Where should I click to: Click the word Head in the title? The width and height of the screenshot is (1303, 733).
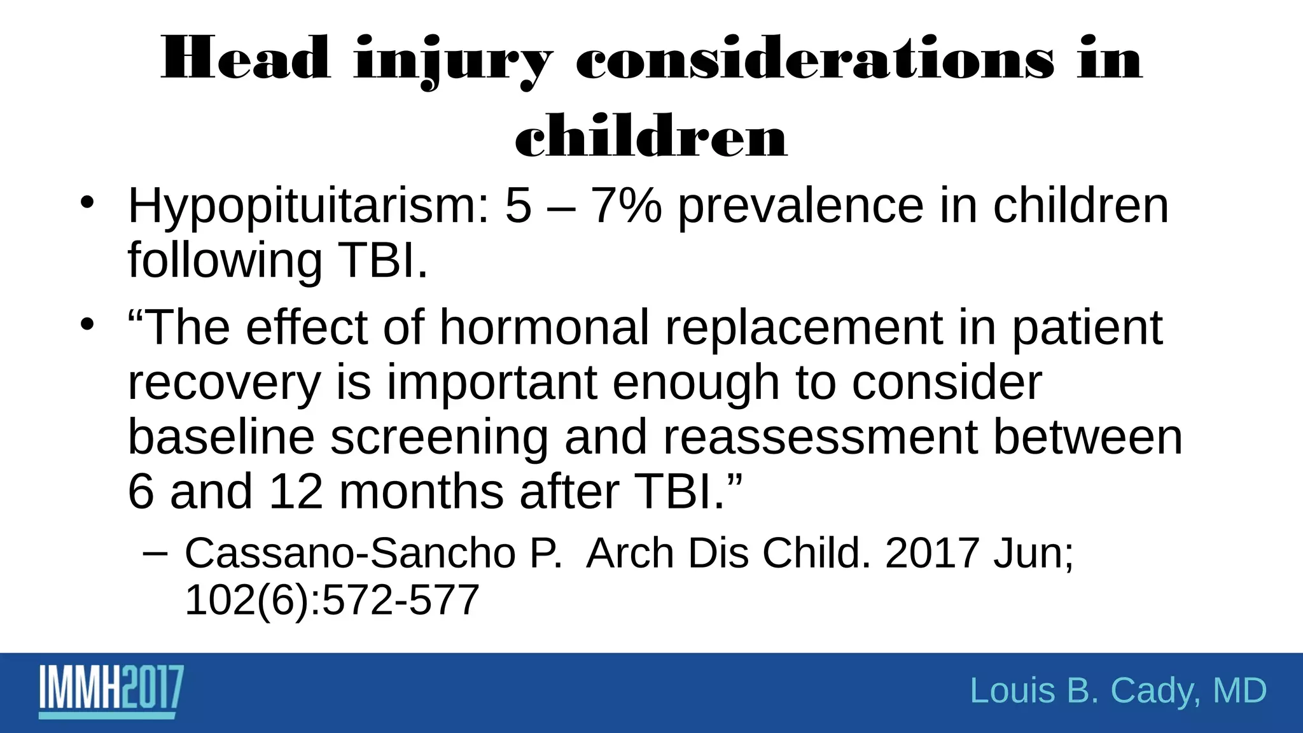pos(246,59)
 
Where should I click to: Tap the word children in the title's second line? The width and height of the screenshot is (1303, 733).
pos(651,136)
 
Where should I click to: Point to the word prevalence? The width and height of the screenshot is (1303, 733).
pos(800,207)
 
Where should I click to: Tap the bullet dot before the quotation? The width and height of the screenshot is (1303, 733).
pos(87,325)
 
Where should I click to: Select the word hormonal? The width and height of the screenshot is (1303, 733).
pos(544,328)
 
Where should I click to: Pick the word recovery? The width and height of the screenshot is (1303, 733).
pos(224,384)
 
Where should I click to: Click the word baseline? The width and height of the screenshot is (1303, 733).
pos(221,437)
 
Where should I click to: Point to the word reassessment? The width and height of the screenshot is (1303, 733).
pos(820,438)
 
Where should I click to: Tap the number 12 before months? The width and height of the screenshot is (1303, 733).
pos(296,492)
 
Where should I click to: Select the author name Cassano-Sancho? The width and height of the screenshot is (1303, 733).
pos(349,553)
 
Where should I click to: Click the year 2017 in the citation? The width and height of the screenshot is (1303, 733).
pos(931,553)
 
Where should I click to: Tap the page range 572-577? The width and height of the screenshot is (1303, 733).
pos(400,600)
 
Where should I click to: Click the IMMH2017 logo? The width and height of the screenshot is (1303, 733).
pos(112,691)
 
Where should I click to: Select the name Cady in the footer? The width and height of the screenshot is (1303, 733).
pos(1155,691)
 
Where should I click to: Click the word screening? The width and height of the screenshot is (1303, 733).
pos(439,438)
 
